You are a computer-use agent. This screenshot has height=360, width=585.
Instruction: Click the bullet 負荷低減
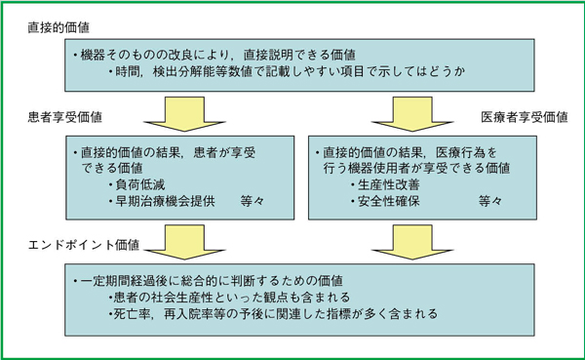pos(142,184)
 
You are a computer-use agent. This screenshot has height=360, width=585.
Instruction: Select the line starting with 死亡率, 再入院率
pos(278,314)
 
